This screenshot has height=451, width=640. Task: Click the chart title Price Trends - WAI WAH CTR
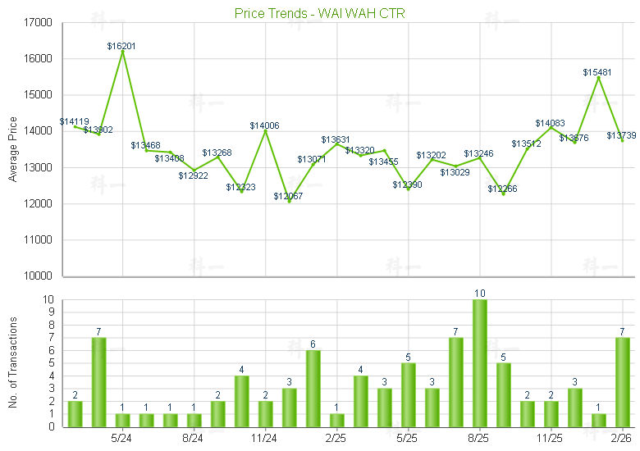(x=319, y=13)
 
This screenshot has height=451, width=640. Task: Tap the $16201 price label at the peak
(x=121, y=47)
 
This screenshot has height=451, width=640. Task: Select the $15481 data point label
(x=597, y=72)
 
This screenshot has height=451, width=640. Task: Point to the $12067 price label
(x=288, y=196)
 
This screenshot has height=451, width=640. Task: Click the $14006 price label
(x=264, y=125)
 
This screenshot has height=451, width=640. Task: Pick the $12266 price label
(x=502, y=189)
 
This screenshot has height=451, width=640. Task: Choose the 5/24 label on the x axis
(x=121, y=438)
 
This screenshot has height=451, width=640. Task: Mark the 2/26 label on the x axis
(x=621, y=438)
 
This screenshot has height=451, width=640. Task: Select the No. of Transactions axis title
(x=13, y=363)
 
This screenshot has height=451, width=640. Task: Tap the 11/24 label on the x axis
(x=264, y=438)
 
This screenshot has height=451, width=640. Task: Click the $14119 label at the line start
(x=74, y=121)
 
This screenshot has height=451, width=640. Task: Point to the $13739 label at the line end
(x=621, y=135)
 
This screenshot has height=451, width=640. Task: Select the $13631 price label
(x=336, y=139)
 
